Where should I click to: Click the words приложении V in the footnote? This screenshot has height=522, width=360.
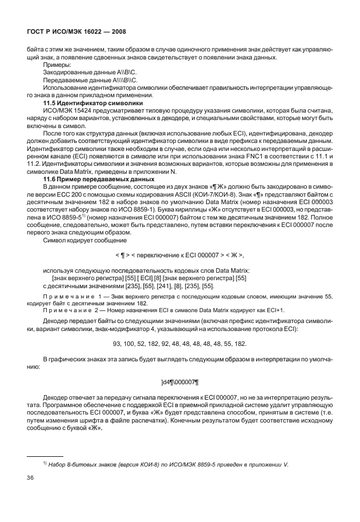coord(267,464)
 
